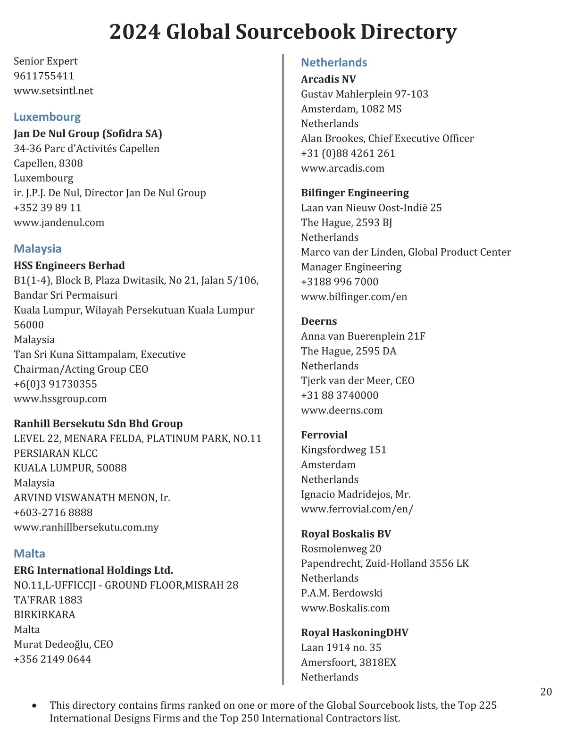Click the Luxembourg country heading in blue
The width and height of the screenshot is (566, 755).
coord(47,117)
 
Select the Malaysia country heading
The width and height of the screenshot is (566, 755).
coord(38,249)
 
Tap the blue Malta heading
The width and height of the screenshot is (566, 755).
coord(30,554)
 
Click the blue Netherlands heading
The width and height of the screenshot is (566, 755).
coord(334,62)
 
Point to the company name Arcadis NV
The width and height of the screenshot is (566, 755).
coord(328,79)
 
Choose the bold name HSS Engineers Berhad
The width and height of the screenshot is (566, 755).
coord(69,266)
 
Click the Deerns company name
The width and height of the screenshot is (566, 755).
coord(319,321)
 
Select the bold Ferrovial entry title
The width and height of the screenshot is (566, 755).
coord(324,435)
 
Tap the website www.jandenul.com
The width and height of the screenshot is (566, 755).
coord(59,223)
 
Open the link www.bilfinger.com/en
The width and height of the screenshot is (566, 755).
coord(354,297)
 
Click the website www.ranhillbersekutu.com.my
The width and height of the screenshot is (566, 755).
coord(86,528)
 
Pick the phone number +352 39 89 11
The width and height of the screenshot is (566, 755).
coord(48,208)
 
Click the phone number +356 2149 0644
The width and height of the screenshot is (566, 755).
coord(52,659)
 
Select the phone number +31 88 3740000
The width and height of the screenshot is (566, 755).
coord(340,395)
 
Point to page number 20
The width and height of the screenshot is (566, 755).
coord(546,692)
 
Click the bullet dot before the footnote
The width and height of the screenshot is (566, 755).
coord(34,706)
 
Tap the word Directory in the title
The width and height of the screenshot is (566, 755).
coord(408,32)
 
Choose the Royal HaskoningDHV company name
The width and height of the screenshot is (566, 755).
coord(355,633)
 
